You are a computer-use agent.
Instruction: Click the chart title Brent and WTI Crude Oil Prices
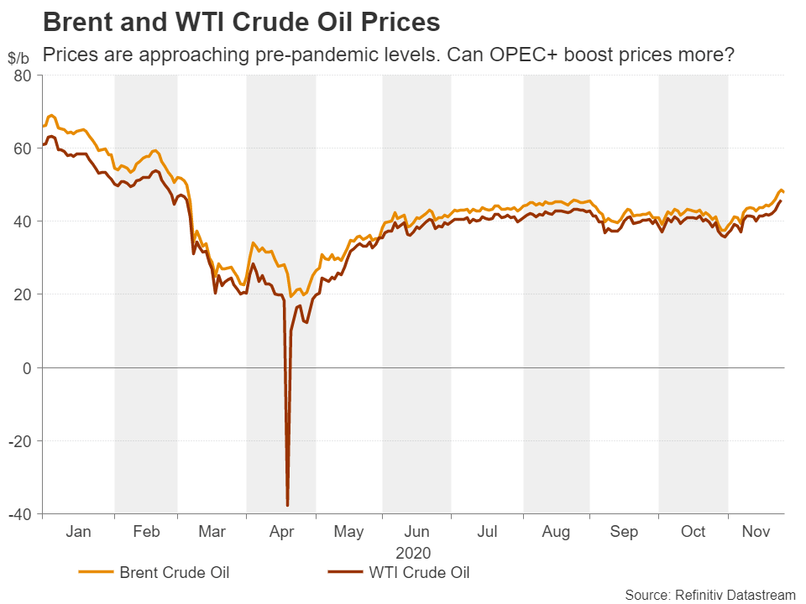[241, 21]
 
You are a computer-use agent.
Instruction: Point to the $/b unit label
[18, 58]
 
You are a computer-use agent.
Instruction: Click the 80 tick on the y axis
[23, 75]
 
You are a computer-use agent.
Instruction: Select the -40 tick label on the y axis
[19, 513]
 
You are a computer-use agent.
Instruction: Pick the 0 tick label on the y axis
[28, 367]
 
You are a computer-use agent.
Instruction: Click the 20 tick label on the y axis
[23, 294]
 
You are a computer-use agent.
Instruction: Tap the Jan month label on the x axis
[78, 532]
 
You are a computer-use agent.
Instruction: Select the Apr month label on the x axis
[280, 532]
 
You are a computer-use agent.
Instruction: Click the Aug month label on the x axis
[556, 532]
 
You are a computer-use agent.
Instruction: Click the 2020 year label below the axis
[413, 553]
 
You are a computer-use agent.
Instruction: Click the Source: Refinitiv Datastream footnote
[709, 594]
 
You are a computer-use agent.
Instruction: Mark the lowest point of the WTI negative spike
[288, 505]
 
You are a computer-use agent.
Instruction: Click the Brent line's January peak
[52, 115]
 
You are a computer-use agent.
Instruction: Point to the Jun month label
[417, 532]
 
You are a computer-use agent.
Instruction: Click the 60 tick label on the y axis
[23, 148]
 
